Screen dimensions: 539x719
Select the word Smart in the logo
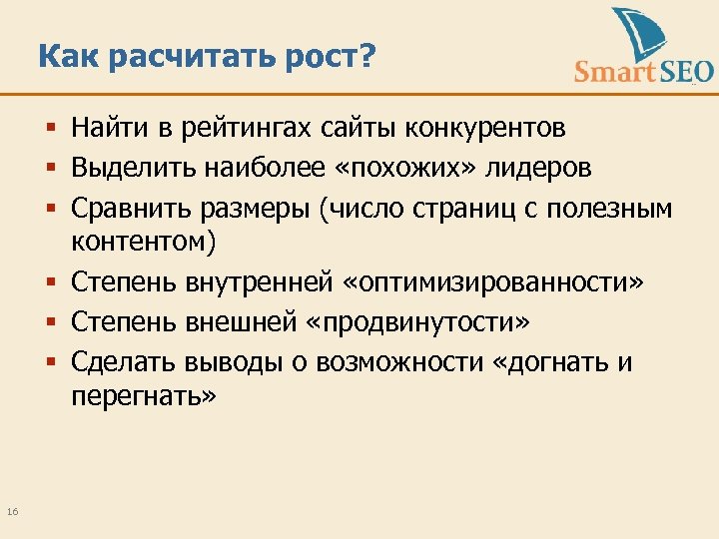(614, 71)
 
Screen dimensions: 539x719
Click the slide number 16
(12, 512)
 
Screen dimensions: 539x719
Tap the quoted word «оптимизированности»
(493, 283)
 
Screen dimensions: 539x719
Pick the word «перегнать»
(142, 398)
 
